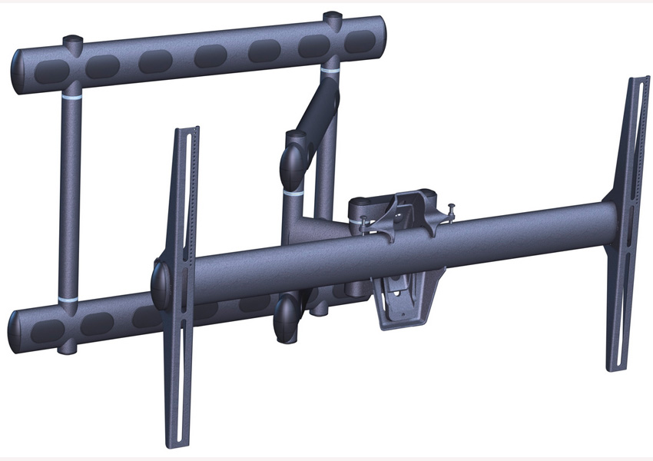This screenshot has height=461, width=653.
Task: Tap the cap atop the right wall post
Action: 332,16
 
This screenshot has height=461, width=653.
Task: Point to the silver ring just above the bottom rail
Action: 68,297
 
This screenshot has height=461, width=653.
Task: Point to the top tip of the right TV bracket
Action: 639,81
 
